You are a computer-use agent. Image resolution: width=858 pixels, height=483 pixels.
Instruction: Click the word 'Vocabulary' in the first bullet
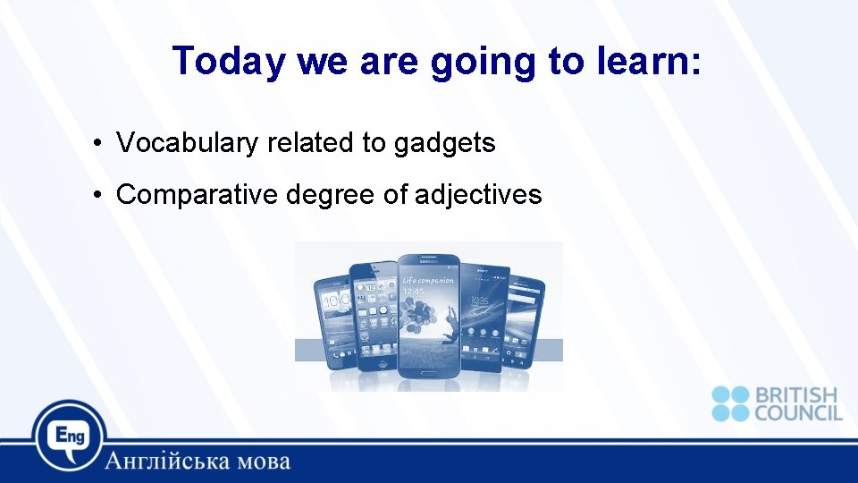tap(189, 142)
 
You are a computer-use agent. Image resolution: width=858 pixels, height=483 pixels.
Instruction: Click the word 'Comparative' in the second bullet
tap(198, 194)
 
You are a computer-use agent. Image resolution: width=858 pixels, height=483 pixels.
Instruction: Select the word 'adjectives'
tap(478, 194)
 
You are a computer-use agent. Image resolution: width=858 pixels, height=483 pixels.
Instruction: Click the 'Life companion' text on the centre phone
tap(428, 280)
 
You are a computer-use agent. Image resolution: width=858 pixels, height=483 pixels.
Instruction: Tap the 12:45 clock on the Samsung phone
tap(413, 291)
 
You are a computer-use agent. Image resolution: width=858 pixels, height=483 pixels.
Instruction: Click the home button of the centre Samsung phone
tap(430, 367)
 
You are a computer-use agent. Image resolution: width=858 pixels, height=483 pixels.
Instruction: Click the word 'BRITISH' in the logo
tap(796, 394)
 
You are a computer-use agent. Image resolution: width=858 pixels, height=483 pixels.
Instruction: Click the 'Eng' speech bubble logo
tap(69, 435)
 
